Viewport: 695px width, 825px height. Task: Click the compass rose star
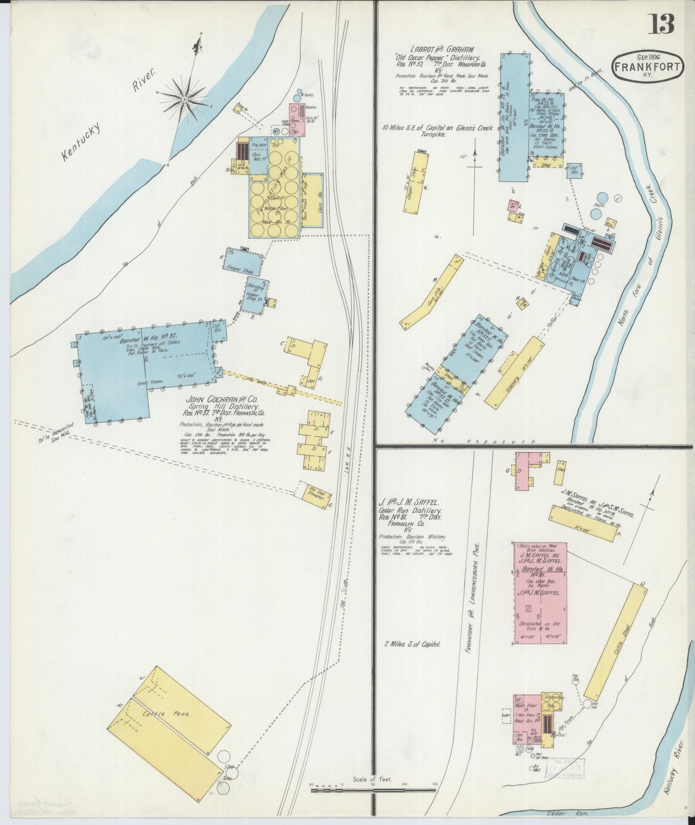point(185,99)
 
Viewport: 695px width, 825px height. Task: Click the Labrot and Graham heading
point(442,49)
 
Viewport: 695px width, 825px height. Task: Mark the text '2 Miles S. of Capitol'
point(413,644)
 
